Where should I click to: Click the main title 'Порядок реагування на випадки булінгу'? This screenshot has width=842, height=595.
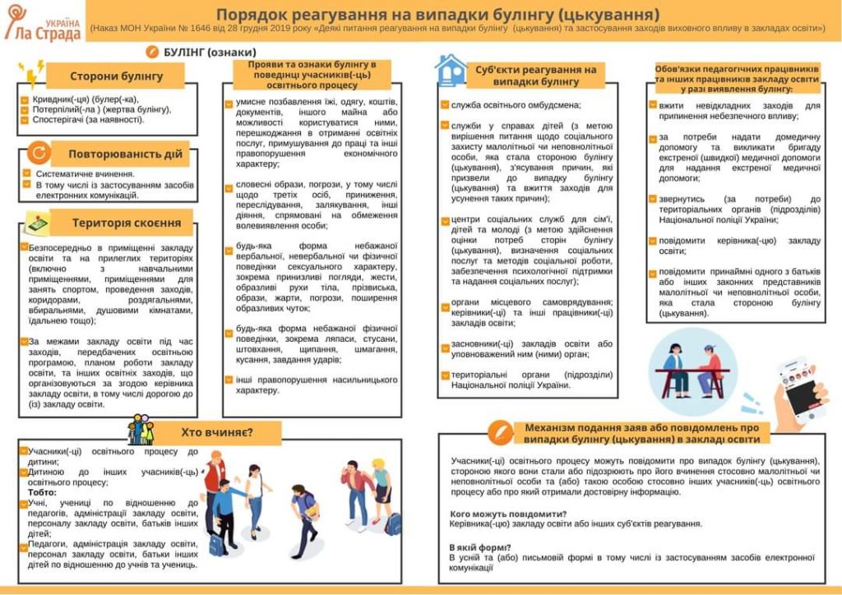[438, 14]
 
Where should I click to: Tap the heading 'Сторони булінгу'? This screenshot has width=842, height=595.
[116, 76]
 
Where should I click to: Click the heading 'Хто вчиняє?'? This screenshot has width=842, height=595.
[216, 432]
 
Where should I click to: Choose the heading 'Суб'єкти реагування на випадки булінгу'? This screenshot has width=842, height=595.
[535, 75]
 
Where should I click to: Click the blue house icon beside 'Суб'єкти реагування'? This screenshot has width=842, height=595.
[450, 70]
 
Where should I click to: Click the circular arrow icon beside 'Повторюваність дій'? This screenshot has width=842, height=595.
[38, 153]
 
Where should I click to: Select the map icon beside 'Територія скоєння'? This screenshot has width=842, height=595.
[35, 222]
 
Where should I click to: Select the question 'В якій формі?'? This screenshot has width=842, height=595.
[480, 547]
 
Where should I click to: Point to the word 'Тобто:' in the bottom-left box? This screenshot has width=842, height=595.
[44, 492]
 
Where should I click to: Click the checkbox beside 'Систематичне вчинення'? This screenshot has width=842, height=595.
[27, 173]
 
